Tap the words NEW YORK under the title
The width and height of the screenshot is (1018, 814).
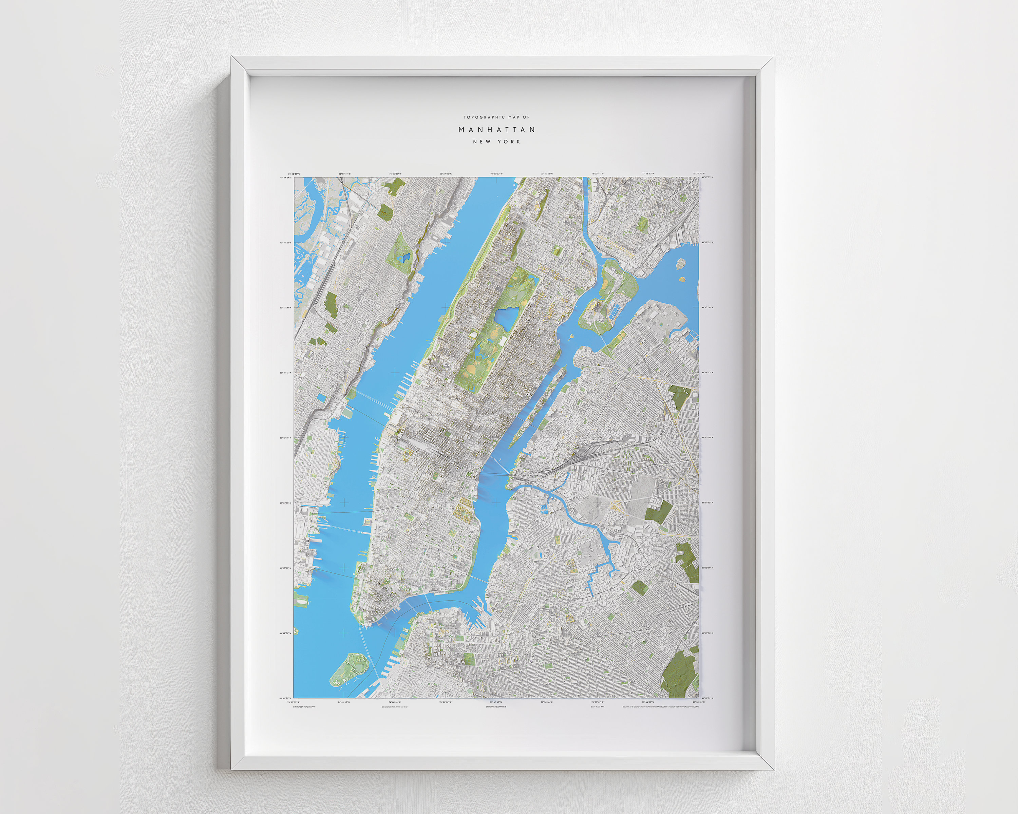(x=497, y=141)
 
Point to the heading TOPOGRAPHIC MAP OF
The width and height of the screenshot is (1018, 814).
(x=497, y=117)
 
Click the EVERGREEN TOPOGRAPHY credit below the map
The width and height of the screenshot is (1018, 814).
(x=304, y=707)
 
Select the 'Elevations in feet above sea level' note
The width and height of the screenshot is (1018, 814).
(x=394, y=707)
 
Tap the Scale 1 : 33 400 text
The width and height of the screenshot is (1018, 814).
(x=597, y=707)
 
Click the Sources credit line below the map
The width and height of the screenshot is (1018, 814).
(x=663, y=707)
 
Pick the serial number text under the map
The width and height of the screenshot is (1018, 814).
(x=496, y=707)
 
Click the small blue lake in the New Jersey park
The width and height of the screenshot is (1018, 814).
(x=404, y=258)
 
